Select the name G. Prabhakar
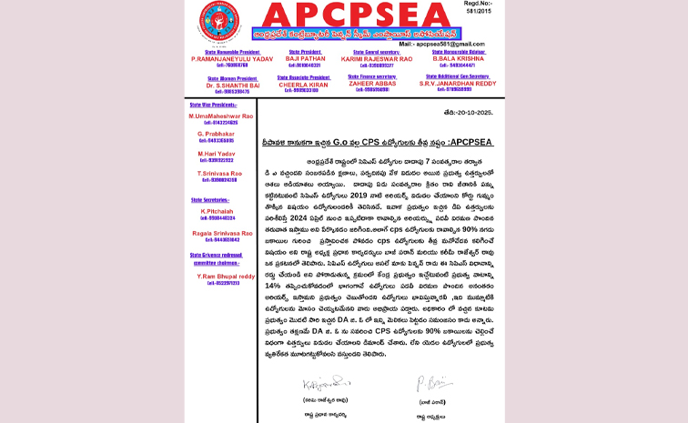tap(215, 134)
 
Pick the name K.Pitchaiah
tap(215, 210)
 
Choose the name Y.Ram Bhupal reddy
tap(223, 275)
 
